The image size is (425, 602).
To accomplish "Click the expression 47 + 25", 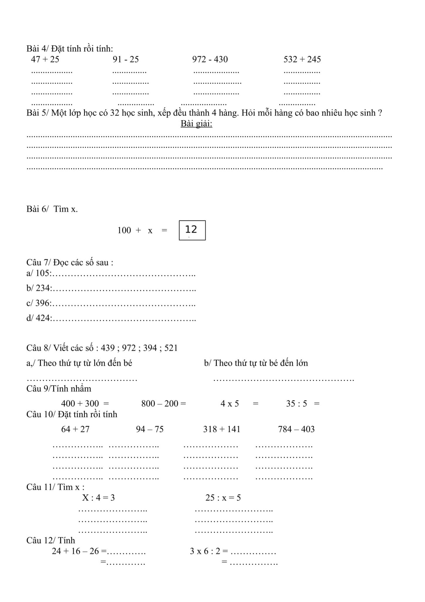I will (x=45, y=59).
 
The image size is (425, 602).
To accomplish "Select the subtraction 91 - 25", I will (x=125, y=59).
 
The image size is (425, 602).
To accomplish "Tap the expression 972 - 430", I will (x=210, y=59).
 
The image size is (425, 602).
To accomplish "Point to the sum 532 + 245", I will (x=302, y=59).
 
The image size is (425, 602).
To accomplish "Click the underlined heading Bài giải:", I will (x=196, y=124).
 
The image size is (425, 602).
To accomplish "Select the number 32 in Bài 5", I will (x=114, y=113).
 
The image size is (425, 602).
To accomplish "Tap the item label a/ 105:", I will (x=39, y=273).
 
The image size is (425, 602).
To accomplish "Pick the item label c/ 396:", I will (x=39, y=303).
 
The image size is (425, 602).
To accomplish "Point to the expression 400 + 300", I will (x=80, y=404).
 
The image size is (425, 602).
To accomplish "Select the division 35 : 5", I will (x=296, y=404).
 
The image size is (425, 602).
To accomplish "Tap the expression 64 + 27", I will (x=75, y=429).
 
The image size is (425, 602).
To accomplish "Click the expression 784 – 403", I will (x=296, y=429).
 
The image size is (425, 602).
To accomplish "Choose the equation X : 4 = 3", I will (x=98, y=498).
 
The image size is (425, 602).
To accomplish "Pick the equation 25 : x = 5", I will (x=223, y=498).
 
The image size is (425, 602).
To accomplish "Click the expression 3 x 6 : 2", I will (x=205, y=551).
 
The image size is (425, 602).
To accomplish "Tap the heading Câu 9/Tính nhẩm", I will (x=59, y=389).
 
